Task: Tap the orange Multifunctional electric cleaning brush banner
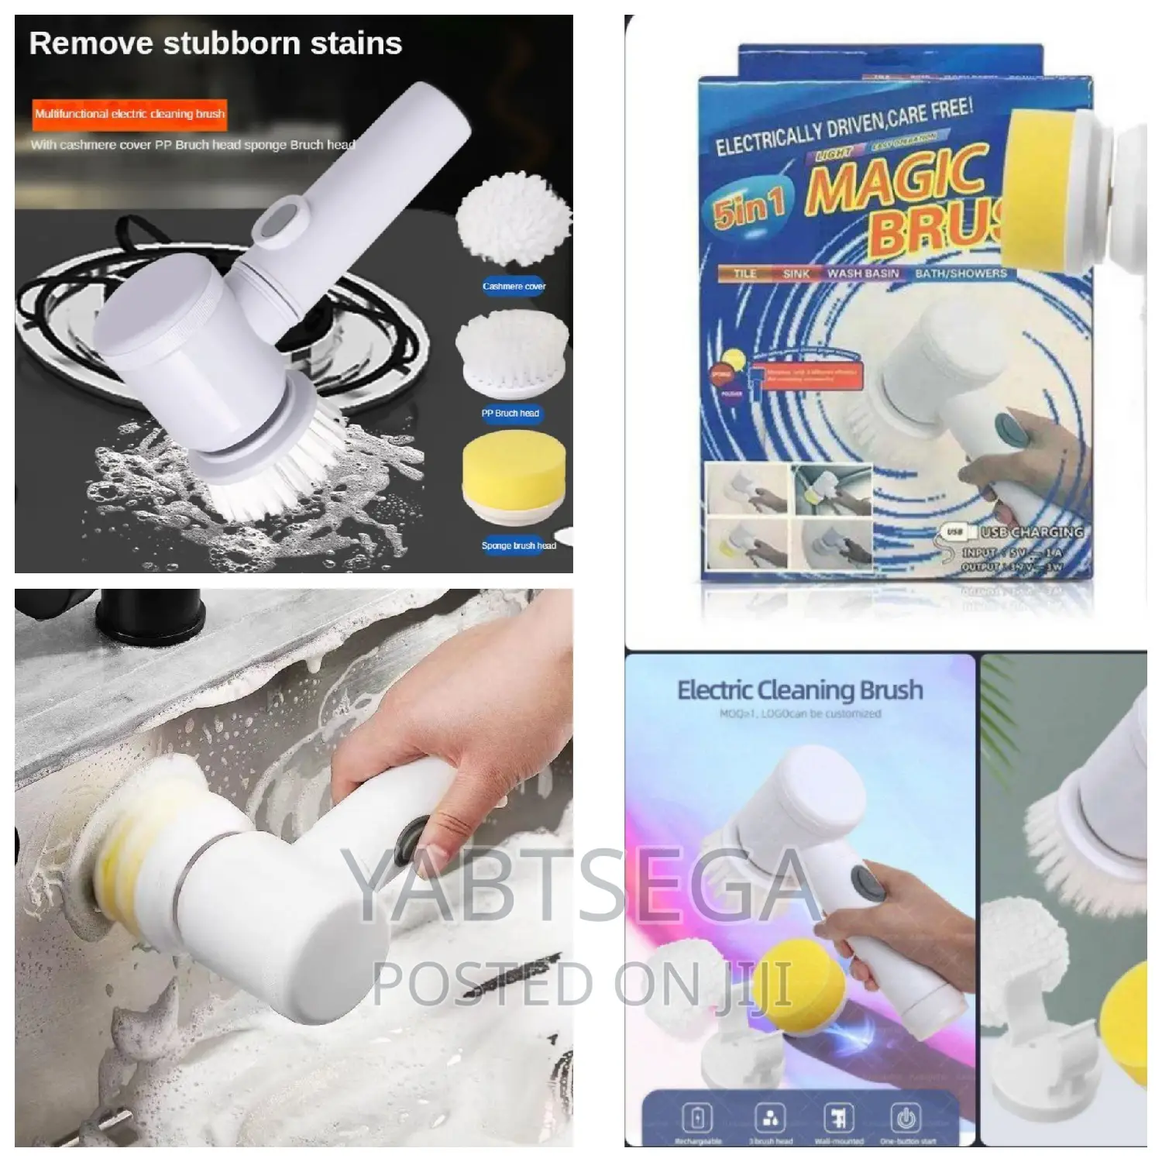[129, 114]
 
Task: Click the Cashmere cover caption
[514, 287]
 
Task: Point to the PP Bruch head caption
[510, 414]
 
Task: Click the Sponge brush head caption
[518, 545]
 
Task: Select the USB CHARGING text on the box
[1031, 532]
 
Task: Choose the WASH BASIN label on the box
[862, 273]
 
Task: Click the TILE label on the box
[744, 273]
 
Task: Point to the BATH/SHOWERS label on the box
[961, 273]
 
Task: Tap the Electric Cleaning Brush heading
[799, 689]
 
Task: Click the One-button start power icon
[906, 1117]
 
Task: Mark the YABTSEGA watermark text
[581, 891]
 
